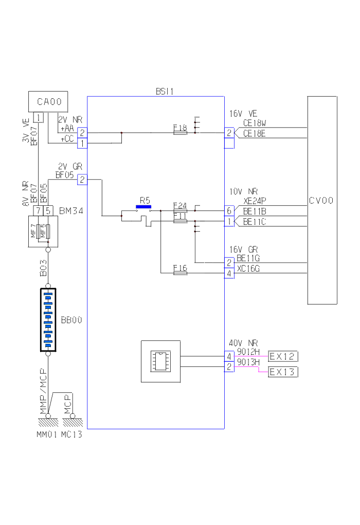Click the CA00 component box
click(49, 101)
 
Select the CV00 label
click(322, 201)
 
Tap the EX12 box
click(283, 356)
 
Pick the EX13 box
click(283, 372)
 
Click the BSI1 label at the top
click(165, 92)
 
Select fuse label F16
click(180, 268)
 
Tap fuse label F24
click(180, 205)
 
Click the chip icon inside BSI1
click(160, 361)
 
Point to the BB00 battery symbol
click(48, 320)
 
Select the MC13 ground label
click(71, 434)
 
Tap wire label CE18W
click(254, 123)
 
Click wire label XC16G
click(248, 269)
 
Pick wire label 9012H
click(248, 352)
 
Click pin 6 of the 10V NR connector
click(229, 211)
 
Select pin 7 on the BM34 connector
click(38, 211)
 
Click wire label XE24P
click(254, 201)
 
